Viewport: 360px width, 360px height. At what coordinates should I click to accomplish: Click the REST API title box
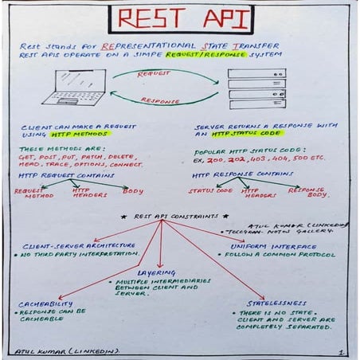click(179, 18)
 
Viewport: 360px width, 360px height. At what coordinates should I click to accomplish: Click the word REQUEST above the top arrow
click(154, 73)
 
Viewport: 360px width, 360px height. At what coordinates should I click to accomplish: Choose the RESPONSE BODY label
click(307, 193)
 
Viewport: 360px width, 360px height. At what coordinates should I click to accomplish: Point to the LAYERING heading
click(156, 272)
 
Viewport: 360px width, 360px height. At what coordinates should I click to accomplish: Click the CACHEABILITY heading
click(45, 303)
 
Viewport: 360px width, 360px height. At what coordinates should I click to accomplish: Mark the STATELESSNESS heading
click(275, 303)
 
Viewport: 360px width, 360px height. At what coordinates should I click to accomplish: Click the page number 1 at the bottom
click(340, 350)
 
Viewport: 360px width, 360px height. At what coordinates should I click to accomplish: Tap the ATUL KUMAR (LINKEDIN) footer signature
click(65, 350)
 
